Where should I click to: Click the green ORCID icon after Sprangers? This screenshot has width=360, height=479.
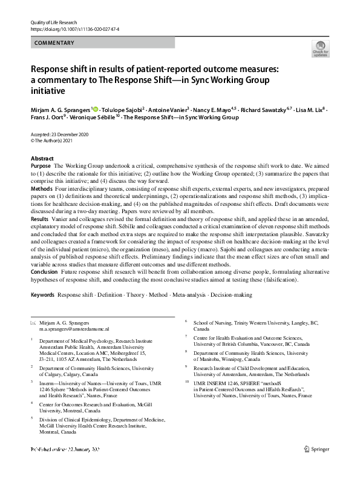tap(96, 110)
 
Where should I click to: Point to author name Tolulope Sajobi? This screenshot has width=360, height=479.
tap(123, 110)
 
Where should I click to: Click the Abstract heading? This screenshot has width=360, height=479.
tap(42, 158)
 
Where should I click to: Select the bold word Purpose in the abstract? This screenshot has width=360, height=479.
tap(41, 165)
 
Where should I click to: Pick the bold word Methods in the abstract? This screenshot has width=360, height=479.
tap(42, 190)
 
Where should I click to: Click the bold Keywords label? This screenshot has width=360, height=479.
tap(42, 295)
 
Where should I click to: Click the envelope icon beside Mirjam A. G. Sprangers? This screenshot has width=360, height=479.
tap(33, 323)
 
